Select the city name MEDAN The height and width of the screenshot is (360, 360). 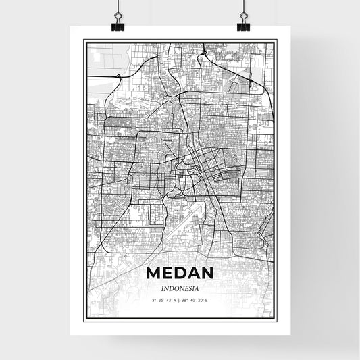click(x=179, y=274)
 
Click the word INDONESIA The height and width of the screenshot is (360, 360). click(x=179, y=288)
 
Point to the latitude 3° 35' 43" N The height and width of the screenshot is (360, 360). click(x=164, y=299)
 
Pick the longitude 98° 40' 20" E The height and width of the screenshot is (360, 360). click(x=195, y=299)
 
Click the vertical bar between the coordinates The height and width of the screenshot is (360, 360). click(x=180, y=299)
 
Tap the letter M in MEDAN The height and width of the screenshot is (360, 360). click(x=153, y=274)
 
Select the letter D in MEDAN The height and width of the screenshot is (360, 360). click(x=180, y=274)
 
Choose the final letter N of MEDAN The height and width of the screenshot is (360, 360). click(x=205, y=274)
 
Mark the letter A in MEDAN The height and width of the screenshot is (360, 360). click(x=192, y=274)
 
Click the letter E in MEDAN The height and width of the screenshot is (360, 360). click(x=168, y=274)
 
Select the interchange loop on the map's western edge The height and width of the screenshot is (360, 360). click(x=119, y=77)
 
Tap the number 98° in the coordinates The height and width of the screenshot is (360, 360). click(x=186, y=299)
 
